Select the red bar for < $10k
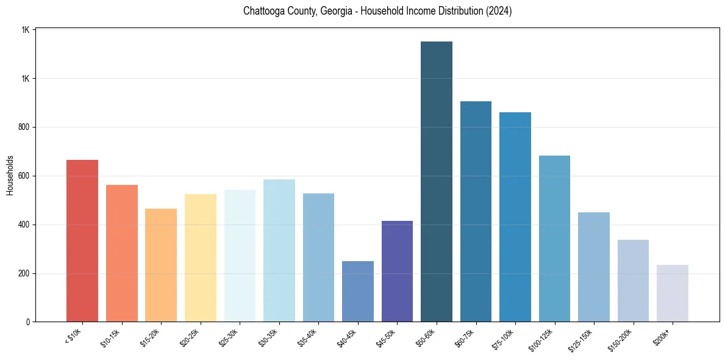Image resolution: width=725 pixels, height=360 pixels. [x=82, y=240]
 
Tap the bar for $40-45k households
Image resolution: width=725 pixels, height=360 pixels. [x=358, y=291]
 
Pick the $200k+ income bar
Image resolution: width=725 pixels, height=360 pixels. [x=673, y=293]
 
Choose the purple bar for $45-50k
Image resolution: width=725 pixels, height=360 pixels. [x=397, y=271]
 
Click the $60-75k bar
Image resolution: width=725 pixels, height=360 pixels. [x=476, y=211]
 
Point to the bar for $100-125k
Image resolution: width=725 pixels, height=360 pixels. [x=554, y=239]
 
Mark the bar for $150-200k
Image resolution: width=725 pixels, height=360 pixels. [x=633, y=281]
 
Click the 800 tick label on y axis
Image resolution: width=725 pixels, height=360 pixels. [x=24, y=128]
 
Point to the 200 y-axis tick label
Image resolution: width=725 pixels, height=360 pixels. [x=24, y=273]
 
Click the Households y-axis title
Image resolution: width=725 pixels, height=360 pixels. [x=10, y=175]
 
